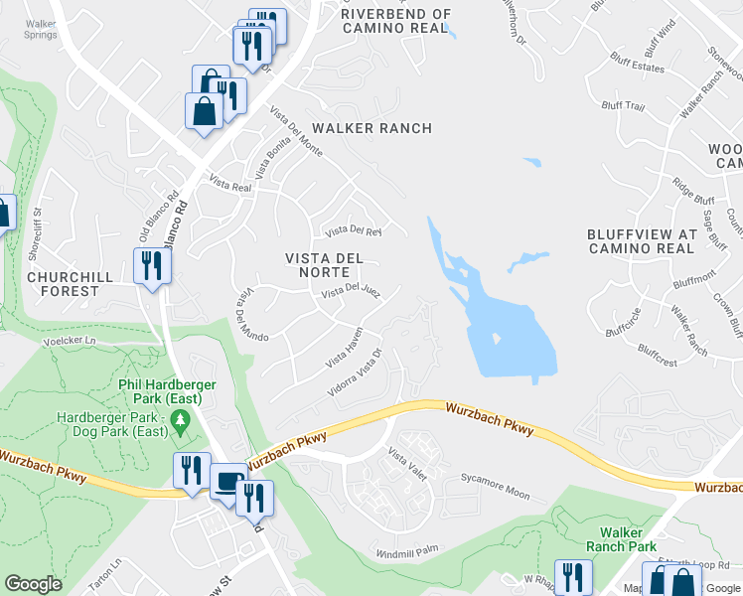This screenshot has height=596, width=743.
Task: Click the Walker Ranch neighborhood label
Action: pos(371,128)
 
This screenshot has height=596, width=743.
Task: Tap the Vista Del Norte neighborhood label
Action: pos(325,265)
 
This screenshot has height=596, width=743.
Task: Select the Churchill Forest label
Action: pos(64,283)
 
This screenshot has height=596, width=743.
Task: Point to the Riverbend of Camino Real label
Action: pos(395,21)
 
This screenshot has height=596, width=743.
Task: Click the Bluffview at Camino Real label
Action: pos(641,241)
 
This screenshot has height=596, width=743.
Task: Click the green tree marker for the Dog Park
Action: pos(180,424)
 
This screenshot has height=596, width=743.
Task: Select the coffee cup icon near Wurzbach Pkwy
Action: pos(228,482)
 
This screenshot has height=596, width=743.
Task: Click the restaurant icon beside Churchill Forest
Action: pos(152,266)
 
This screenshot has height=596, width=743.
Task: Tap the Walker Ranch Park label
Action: pos(621,539)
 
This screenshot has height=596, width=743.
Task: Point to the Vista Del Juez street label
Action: pos(351,291)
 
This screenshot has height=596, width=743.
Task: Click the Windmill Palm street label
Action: pos(407,551)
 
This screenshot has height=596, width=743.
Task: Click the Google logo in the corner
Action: pos(33,584)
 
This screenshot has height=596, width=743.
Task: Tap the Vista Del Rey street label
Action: pos(348,232)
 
